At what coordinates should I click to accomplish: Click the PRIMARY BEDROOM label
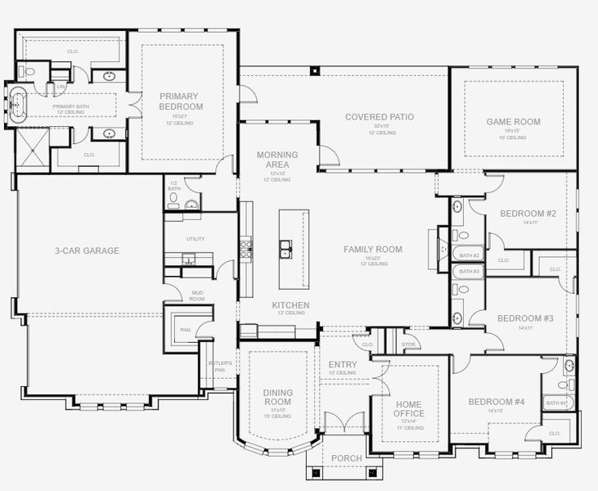pos(182,101)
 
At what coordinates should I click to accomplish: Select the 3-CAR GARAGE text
pos(87,250)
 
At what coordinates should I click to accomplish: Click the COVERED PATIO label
pos(379,117)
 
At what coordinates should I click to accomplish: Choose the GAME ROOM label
pos(513,122)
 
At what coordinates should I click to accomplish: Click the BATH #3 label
pos(468,271)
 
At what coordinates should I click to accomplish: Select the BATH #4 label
pos(556,403)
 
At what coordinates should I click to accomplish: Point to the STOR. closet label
pos(409,345)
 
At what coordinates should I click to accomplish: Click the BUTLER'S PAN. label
pos(220,366)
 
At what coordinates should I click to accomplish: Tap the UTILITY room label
pos(196,239)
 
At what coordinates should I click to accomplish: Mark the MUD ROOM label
pos(197,296)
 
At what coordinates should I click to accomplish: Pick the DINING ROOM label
pos(278,398)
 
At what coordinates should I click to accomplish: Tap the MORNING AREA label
pos(277,160)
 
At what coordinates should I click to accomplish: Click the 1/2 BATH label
pos(173,186)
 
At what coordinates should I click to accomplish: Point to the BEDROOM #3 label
pos(526,318)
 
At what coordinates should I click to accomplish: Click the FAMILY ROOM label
pos(372,250)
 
